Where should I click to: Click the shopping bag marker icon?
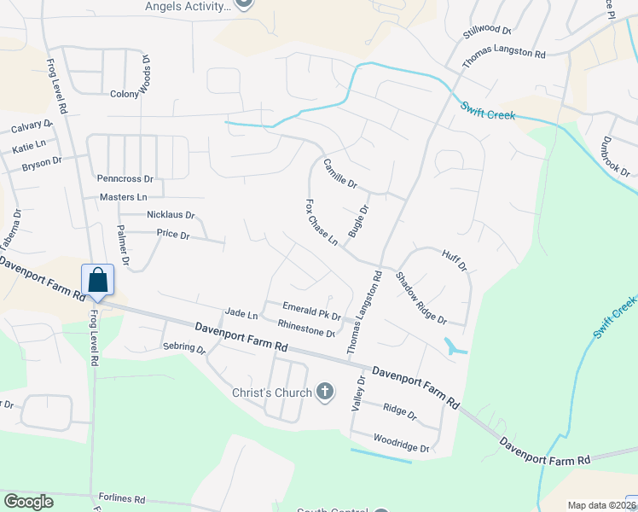point(97,280)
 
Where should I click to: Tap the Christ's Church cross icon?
point(324,393)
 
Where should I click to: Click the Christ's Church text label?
point(271,393)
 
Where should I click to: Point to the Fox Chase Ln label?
point(322,224)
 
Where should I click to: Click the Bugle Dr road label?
point(358,221)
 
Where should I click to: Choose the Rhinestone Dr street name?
point(306,327)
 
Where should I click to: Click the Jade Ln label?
point(241,314)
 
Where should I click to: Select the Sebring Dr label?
point(184,349)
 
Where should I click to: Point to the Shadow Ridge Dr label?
point(420,297)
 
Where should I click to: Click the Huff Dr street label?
point(455,260)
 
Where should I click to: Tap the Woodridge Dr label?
point(399,443)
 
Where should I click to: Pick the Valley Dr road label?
point(359,393)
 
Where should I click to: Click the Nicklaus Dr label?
point(171,215)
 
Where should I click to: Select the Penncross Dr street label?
point(125,179)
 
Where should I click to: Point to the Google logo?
point(28,501)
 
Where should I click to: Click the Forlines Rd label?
point(121,499)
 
